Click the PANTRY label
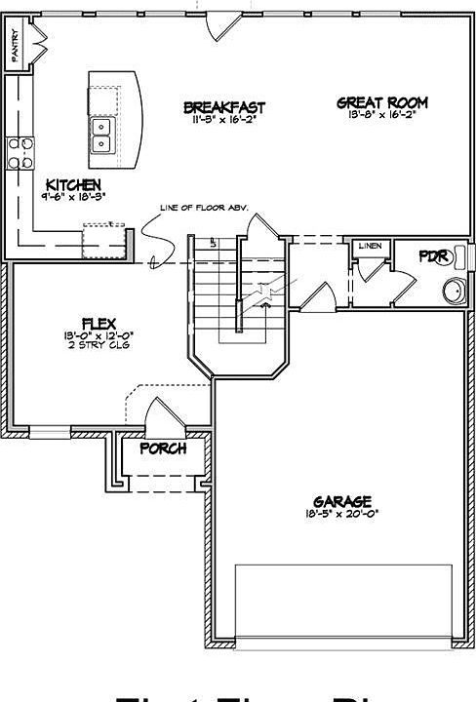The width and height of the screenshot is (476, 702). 15,46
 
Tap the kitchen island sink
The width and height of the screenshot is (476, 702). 101,134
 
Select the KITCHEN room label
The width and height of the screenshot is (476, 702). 72,183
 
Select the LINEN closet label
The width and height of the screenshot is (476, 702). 369,246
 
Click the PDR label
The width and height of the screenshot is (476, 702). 432,256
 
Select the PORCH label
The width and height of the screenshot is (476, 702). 163,449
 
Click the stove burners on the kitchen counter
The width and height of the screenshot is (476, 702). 20,152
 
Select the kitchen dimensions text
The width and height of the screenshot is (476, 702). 72,196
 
